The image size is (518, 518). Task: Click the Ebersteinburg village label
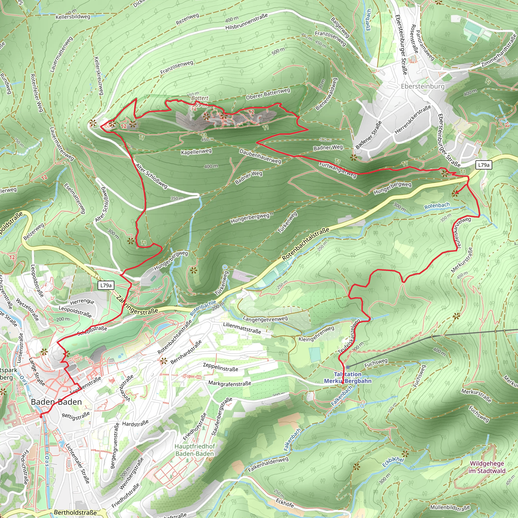tap(423, 86)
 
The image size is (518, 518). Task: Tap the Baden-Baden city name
tap(56, 402)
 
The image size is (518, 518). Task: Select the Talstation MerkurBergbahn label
tap(348, 378)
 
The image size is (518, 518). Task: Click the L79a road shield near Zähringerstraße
tap(106, 285)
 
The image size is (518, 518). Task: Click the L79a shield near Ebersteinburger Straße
tap(484, 165)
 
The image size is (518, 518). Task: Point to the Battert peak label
tap(200, 98)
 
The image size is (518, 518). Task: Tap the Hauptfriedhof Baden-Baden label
tap(195, 450)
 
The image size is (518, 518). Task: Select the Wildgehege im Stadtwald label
tap(487, 467)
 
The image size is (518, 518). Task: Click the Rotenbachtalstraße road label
tap(306, 244)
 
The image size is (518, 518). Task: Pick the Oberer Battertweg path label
tap(268, 94)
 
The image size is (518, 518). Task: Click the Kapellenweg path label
tap(196, 152)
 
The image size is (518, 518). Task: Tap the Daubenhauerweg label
tap(260, 156)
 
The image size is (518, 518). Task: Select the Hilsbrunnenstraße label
tap(246, 22)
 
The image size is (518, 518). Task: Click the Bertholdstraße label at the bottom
tap(75, 512)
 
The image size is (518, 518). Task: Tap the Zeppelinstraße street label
tap(220, 367)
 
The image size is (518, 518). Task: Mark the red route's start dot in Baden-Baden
tap(41, 416)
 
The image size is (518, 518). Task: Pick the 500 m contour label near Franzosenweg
tap(278, 51)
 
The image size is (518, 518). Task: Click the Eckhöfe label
tap(285, 503)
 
